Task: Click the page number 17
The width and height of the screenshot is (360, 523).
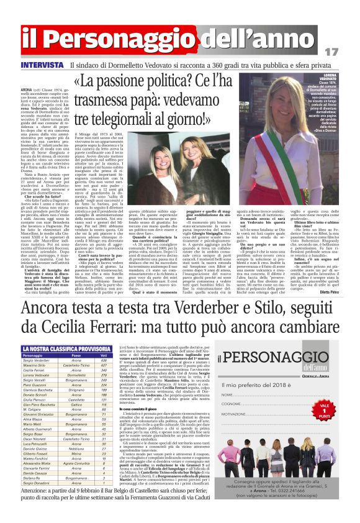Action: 349,52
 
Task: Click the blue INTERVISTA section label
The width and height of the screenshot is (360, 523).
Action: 42,65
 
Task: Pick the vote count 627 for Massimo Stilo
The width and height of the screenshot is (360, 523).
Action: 104,365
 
